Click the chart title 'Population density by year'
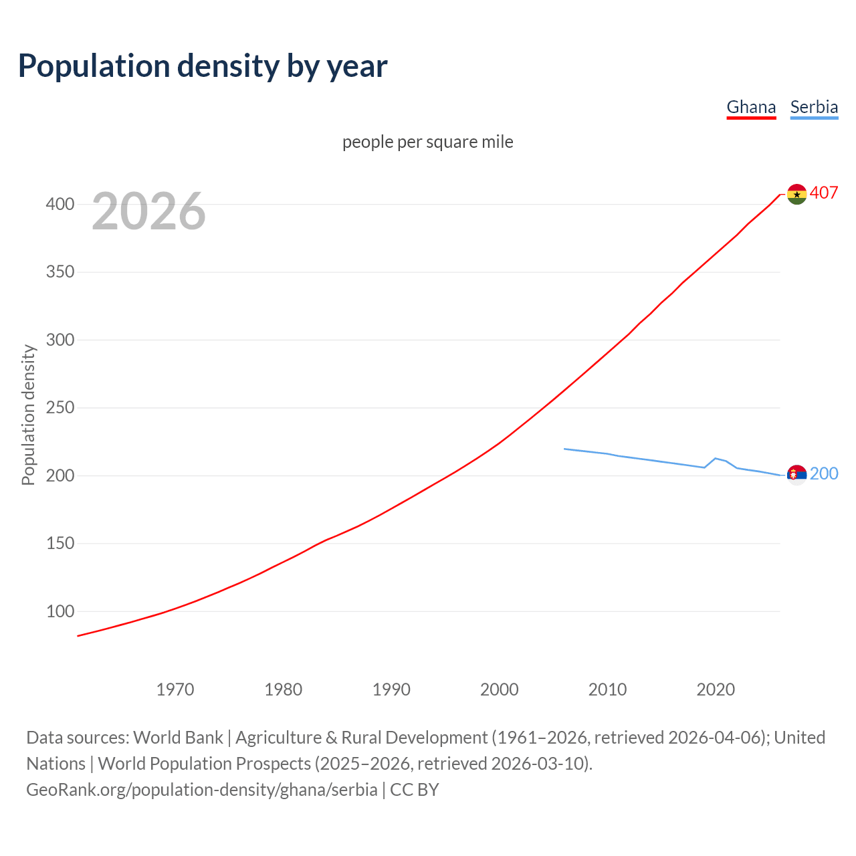203,66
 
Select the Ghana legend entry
751,107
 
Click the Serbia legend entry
814,107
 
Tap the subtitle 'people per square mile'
427,142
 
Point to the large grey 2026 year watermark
148,211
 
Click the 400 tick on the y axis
60,205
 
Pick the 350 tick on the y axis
60,272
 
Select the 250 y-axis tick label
60,408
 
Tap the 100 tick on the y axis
60,611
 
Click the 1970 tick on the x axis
175,689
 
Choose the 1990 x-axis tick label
391,689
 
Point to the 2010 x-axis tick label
607,689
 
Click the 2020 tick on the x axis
716,689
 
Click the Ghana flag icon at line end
796,194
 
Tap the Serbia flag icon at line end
796,475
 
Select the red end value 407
824,193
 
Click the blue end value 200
824,474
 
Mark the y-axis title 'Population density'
28,415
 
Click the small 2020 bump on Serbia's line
716,458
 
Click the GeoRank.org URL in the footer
201,790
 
